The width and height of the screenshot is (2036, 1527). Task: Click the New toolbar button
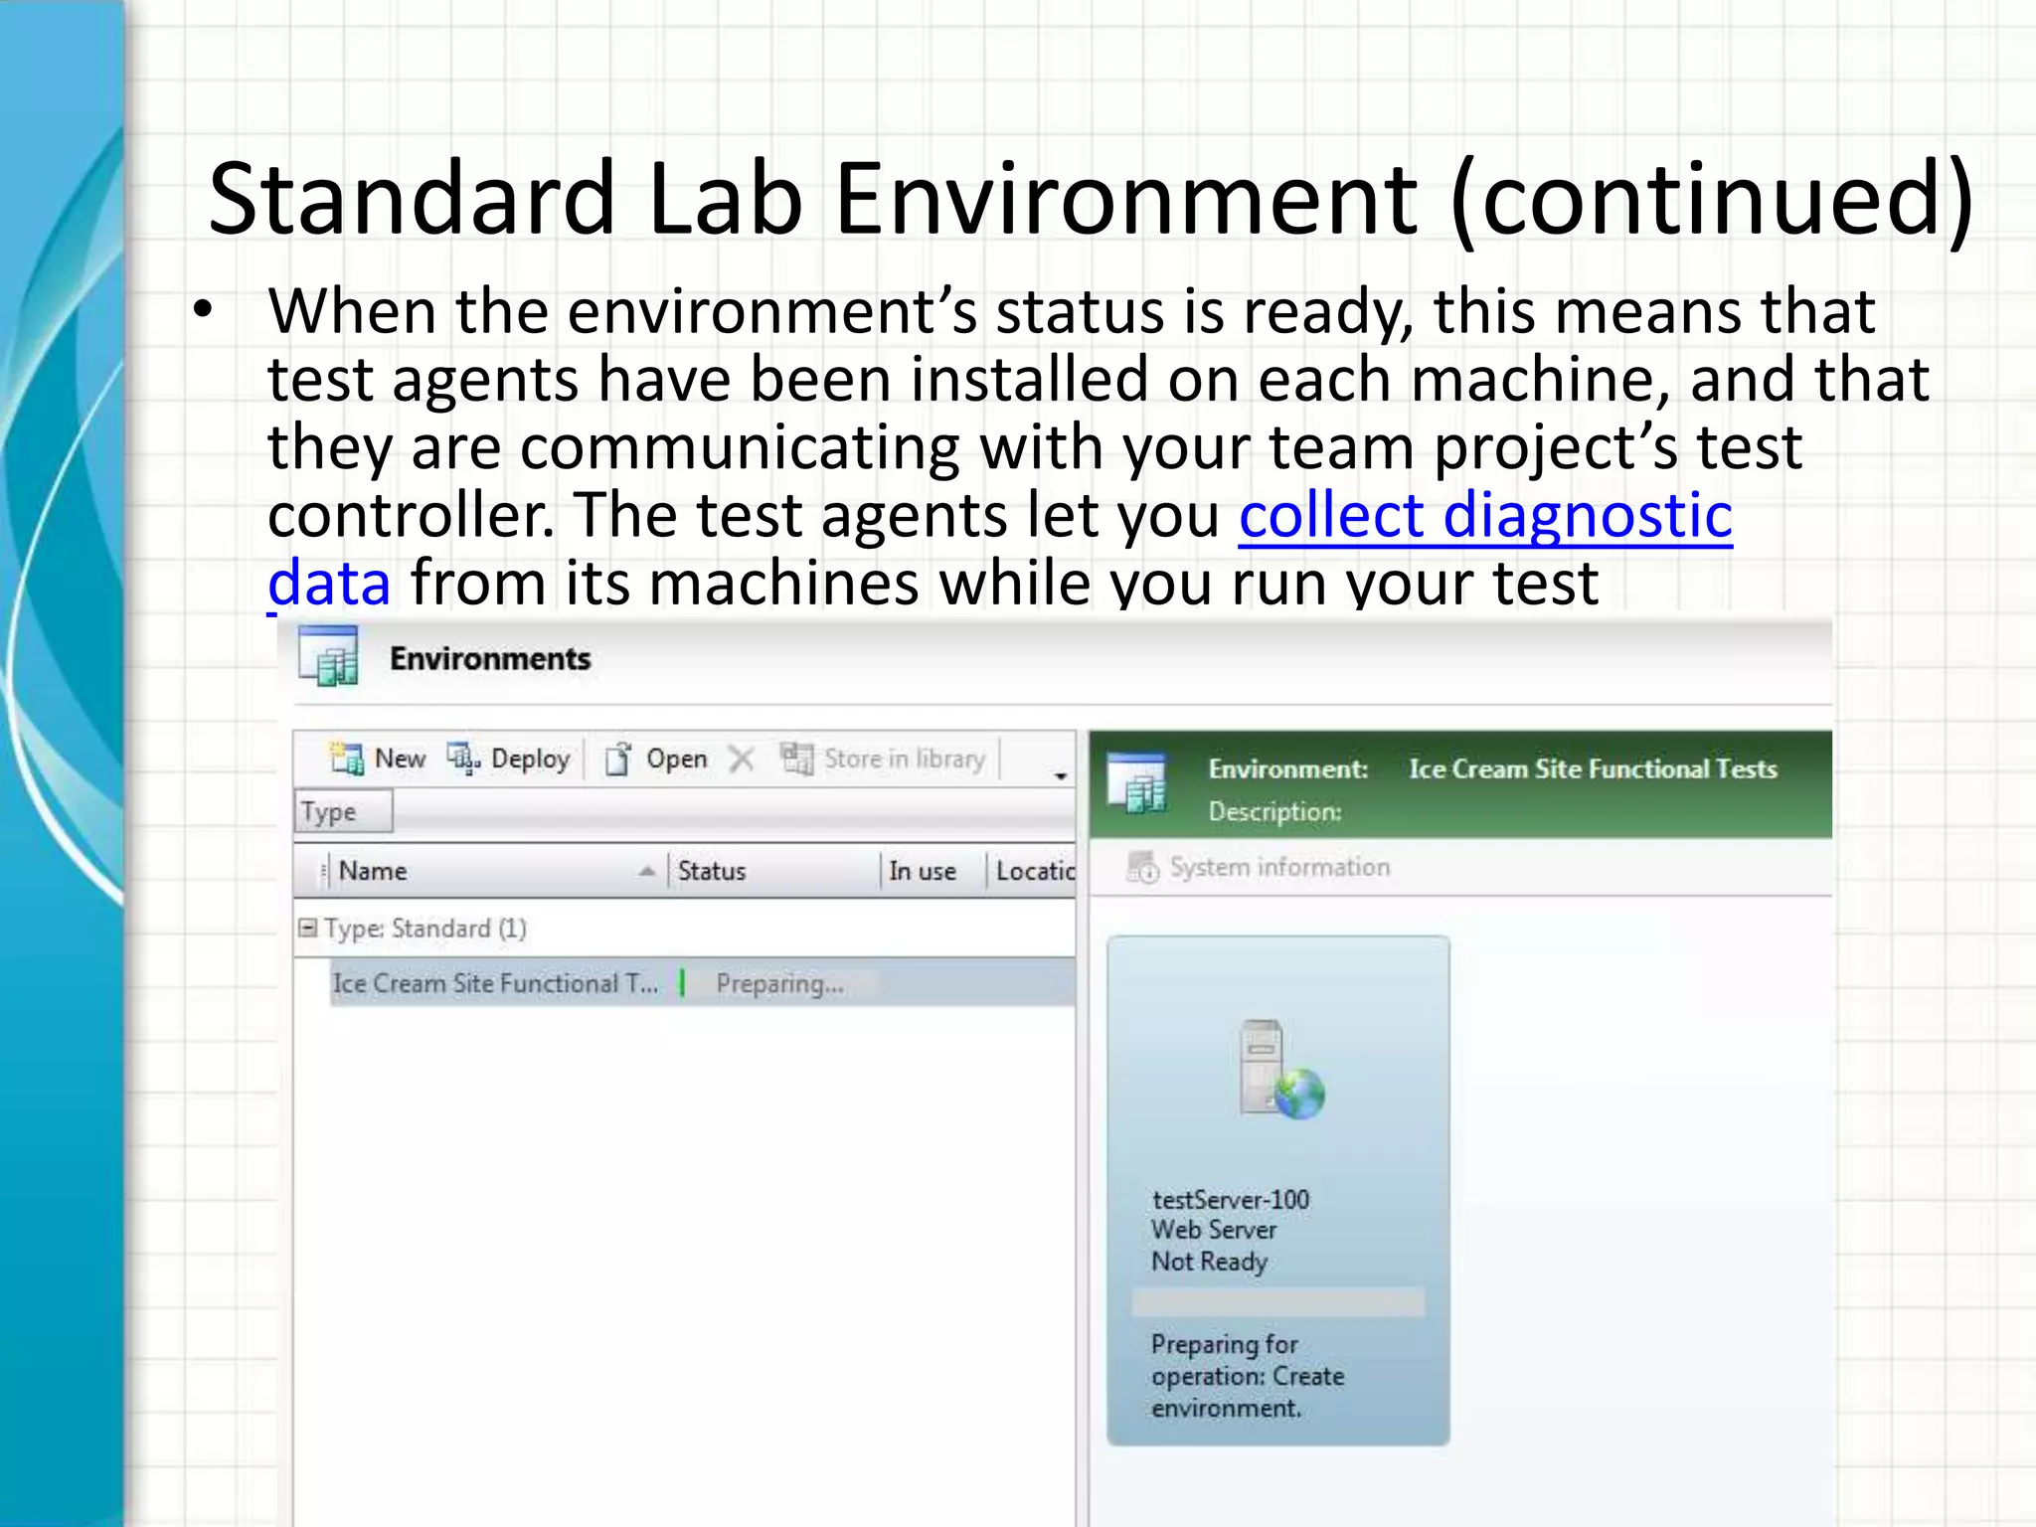click(379, 760)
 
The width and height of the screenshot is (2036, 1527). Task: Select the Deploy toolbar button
click(509, 760)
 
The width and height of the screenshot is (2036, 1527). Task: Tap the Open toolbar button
click(657, 760)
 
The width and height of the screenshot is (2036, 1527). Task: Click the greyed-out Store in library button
click(883, 760)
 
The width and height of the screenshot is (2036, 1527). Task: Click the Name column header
click(374, 871)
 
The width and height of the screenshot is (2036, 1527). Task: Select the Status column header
click(712, 871)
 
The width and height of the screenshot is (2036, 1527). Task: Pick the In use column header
click(922, 871)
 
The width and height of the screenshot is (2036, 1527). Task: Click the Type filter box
click(343, 812)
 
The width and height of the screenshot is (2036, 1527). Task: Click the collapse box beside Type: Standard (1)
click(308, 928)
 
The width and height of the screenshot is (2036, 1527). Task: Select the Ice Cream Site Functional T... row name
click(495, 983)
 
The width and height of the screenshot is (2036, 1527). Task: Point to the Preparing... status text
click(779, 984)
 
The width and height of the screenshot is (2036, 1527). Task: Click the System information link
click(1279, 867)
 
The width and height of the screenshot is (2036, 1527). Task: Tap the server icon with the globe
click(1280, 1071)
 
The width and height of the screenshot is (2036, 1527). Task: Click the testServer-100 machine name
click(1231, 1200)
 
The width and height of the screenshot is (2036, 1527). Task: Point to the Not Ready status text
click(1209, 1262)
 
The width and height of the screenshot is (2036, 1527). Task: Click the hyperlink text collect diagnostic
click(1485, 515)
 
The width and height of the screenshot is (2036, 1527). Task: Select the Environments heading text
click(490, 658)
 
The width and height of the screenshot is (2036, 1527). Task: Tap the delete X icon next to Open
click(742, 760)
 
